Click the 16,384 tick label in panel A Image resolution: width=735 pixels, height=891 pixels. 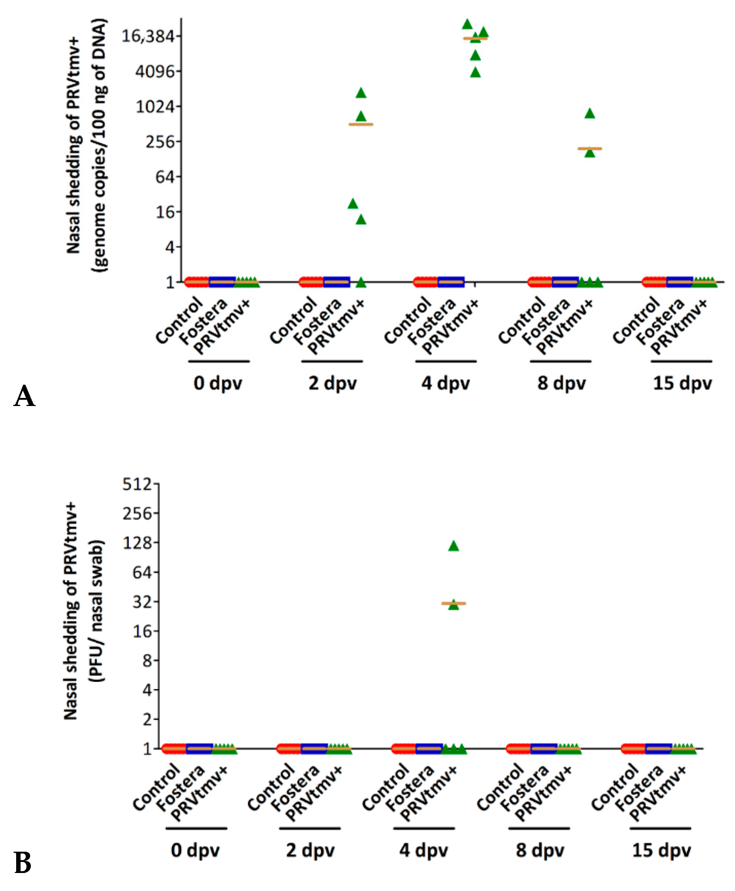[x=148, y=36]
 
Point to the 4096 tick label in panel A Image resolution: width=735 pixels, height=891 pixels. [x=155, y=71]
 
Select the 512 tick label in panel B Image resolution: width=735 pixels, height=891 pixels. [x=137, y=484]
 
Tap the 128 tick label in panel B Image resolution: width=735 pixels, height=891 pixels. [x=137, y=542]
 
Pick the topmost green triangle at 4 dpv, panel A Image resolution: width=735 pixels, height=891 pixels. [x=467, y=25]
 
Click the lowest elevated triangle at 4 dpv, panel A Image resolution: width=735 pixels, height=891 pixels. [x=475, y=73]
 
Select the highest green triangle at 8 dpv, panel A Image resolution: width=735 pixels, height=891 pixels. [x=590, y=114]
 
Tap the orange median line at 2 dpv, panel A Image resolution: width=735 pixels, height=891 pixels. [x=361, y=125]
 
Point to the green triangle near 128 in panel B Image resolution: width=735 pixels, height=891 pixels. [x=453, y=546]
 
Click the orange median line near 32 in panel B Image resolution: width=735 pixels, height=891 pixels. [x=453, y=603]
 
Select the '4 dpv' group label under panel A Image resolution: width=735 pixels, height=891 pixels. [x=446, y=384]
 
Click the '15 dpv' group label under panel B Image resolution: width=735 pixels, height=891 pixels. [x=661, y=850]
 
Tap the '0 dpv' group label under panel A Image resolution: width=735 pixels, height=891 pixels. [x=217, y=384]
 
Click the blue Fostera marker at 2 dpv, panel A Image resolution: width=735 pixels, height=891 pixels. [x=336, y=281]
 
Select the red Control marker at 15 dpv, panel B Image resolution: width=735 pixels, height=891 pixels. [x=633, y=749]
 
